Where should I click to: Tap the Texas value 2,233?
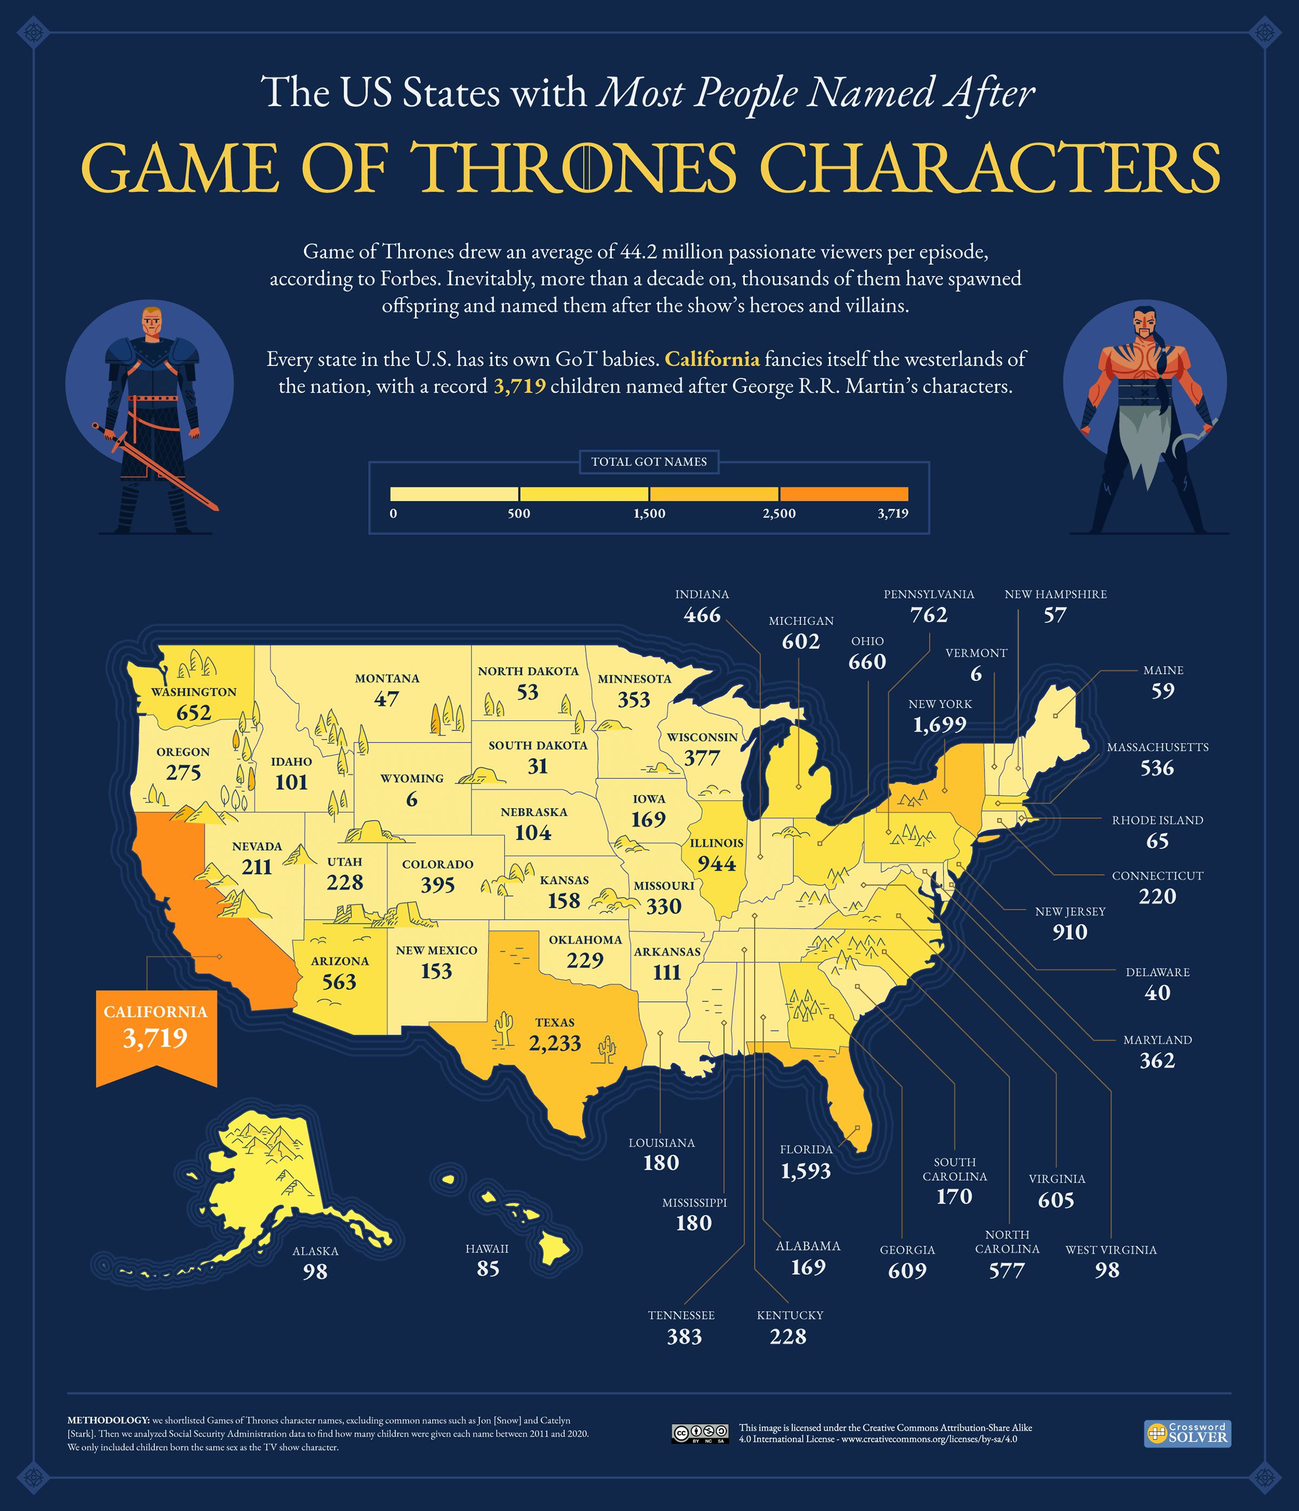tap(555, 1044)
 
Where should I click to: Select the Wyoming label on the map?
tap(412, 778)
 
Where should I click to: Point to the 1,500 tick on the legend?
tap(649, 513)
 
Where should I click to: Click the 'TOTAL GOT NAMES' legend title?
tap(649, 461)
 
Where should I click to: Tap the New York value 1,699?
tap(940, 725)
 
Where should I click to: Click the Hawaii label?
tap(487, 1248)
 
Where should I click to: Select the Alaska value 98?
tap(316, 1272)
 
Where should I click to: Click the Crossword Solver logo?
tap(1188, 1432)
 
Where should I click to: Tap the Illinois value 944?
tap(717, 863)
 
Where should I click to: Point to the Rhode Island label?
tap(1157, 819)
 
